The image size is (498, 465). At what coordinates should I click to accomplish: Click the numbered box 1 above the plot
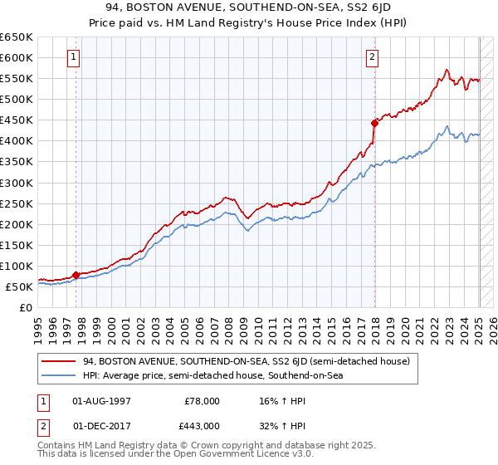click(x=74, y=57)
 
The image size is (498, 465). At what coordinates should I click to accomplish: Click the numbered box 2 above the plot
click(x=372, y=57)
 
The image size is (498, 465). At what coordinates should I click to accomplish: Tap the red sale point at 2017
click(x=374, y=123)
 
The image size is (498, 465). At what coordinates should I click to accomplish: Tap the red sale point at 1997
click(x=76, y=275)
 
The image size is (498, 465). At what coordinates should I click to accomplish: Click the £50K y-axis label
click(x=19, y=286)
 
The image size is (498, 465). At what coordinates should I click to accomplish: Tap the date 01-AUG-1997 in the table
click(x=101, y=401)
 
